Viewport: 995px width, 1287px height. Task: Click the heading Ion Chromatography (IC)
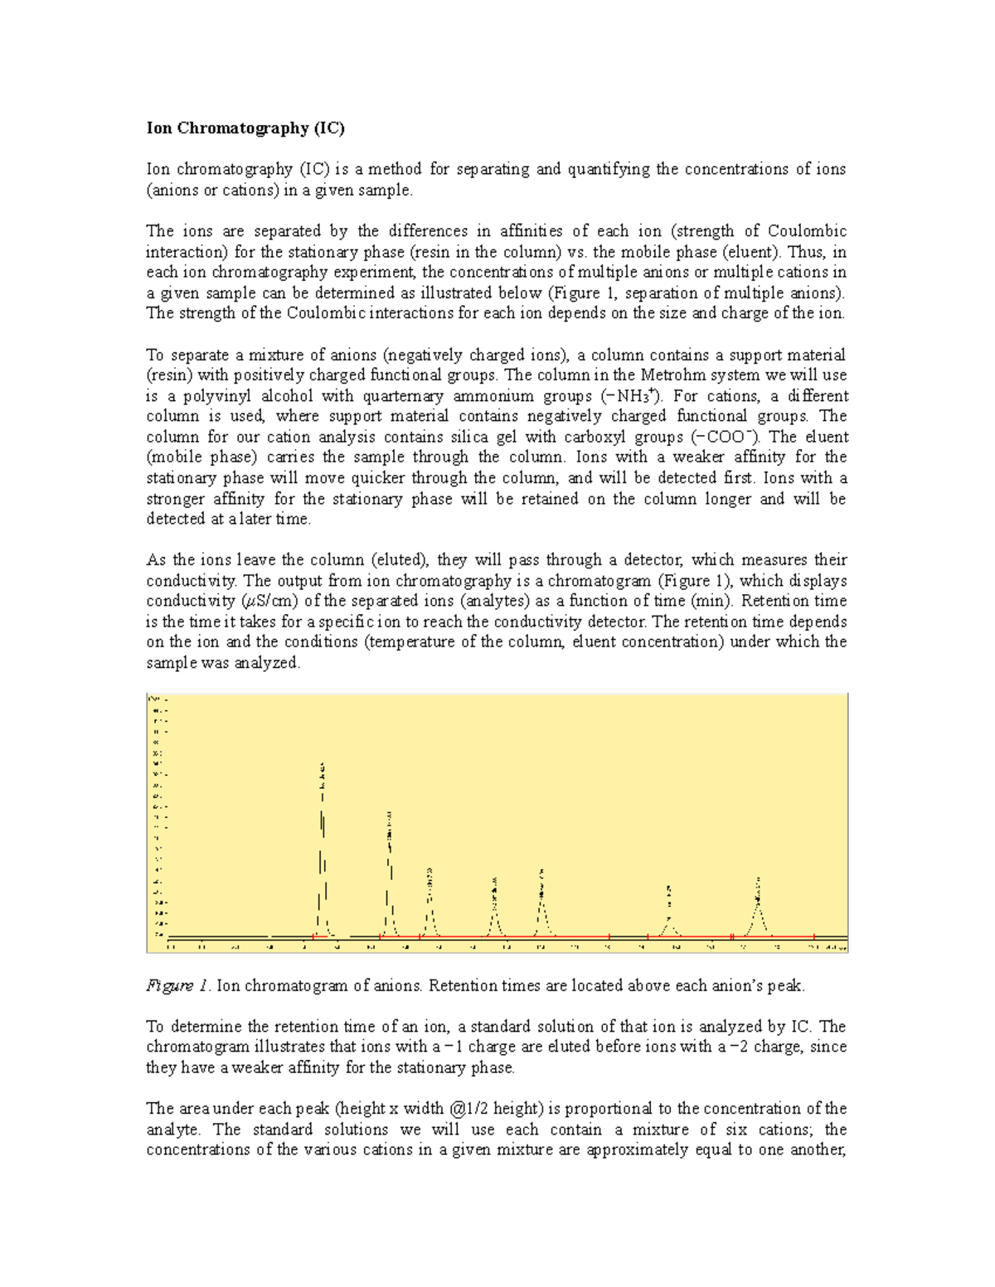[x=245, y=128]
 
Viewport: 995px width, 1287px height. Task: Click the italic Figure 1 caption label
[x=177, y=985]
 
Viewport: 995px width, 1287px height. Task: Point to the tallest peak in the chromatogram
[x=323, y=845]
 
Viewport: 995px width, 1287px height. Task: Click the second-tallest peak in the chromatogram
[x=390, y=870]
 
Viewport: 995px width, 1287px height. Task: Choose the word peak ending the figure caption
[x=786, y=985]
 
